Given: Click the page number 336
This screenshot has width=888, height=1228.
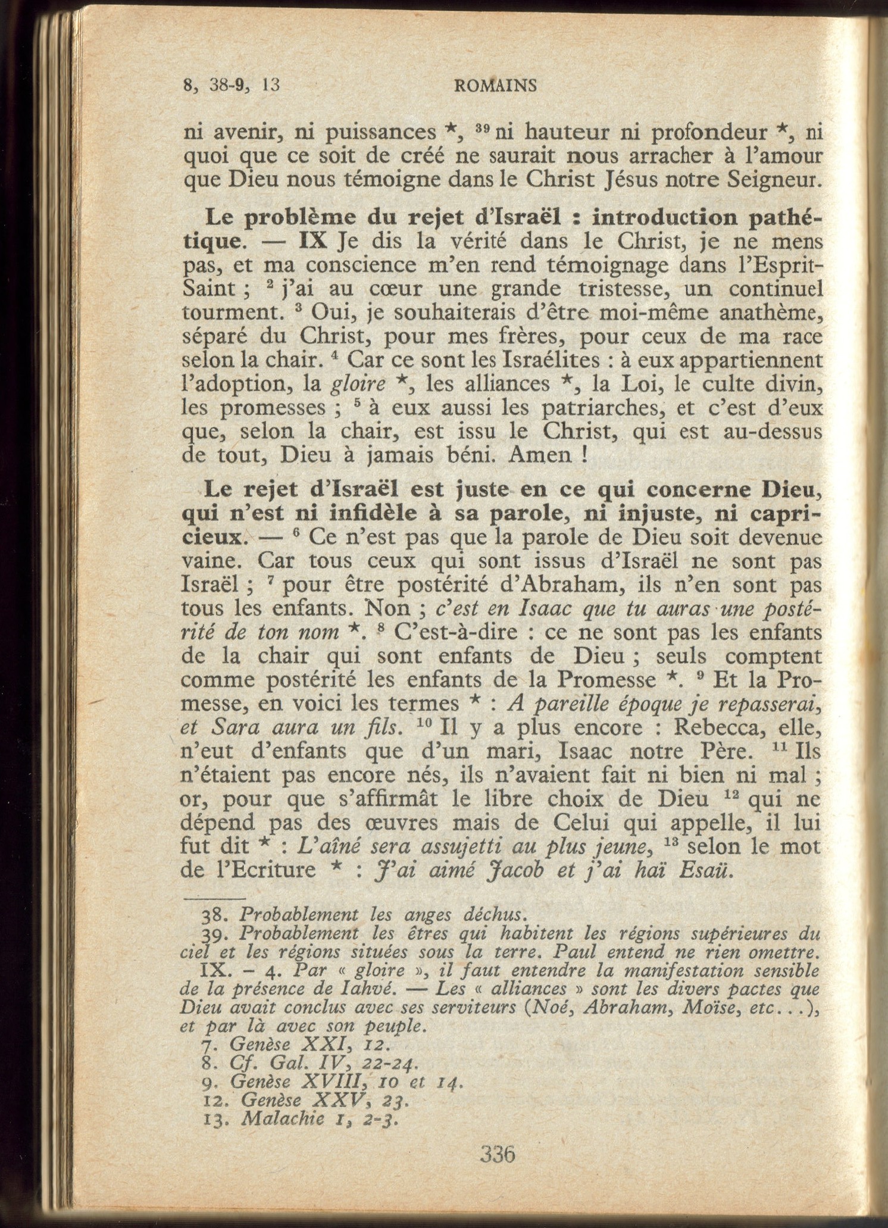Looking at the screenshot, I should click(x=497, y=1154).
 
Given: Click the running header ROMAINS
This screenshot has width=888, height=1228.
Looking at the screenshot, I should click(x=495, y=86).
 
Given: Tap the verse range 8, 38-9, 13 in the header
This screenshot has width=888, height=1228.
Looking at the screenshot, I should click(x=232, y=86).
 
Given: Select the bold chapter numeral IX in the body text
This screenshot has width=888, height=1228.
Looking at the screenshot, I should click(x=312, y=241).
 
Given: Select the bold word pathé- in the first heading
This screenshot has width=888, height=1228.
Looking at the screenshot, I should click(x=785, y=218).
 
